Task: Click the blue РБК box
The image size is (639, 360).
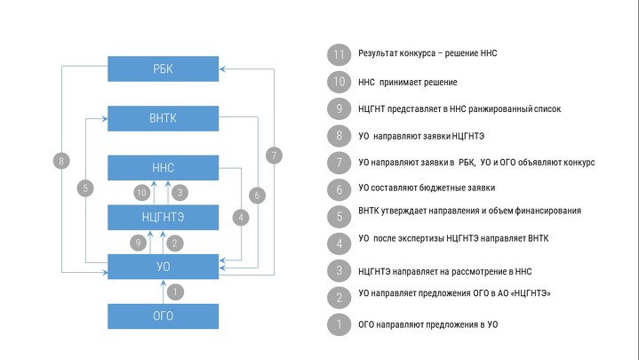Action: tap(163, 69)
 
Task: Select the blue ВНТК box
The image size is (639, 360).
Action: tap(163, 118)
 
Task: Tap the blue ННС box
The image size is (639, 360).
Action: tap(163, 168)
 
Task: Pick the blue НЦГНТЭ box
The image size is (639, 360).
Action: tap(163, 217)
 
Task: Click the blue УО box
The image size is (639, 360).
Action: tap(163, 267)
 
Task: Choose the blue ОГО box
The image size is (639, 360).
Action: tap(163, 316)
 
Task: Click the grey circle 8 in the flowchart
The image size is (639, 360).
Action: tap(61, 161)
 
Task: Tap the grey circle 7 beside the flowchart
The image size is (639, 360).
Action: tap(274, 156)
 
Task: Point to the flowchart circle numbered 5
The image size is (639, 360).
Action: tap(85, 188)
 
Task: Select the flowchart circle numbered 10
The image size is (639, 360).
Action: tap(142, 192)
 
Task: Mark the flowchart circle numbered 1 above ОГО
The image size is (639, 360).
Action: tap(175, 292)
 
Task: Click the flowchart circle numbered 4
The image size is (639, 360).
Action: tap(241, 217)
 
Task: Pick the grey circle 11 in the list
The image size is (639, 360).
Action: tap(339, 54)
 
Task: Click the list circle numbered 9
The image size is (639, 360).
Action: tap(339, 108)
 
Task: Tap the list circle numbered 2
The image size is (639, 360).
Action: tap(339, 298)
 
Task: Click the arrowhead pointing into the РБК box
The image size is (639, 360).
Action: tap(222, 69)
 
